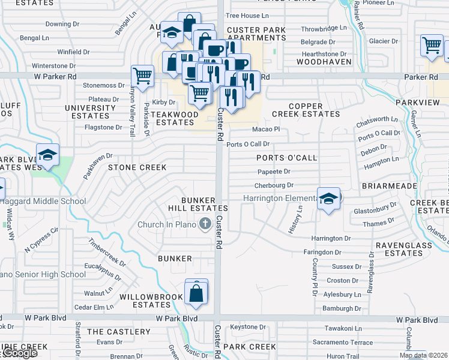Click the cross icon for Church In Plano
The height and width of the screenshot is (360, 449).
coord(205,224)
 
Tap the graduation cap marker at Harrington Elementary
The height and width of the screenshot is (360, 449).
coord(328,199)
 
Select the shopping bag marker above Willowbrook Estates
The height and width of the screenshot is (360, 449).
coord(196,293)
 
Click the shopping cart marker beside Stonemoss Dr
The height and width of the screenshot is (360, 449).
coord(142,76)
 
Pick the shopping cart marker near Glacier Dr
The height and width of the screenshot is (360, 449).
coord(432,45)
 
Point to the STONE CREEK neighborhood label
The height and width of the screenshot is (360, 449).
coord(137,167)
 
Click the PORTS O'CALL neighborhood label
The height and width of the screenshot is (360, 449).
coord(286,158)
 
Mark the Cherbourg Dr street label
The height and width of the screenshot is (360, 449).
coord(274,186)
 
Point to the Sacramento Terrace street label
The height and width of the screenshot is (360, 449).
coord(343,342)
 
